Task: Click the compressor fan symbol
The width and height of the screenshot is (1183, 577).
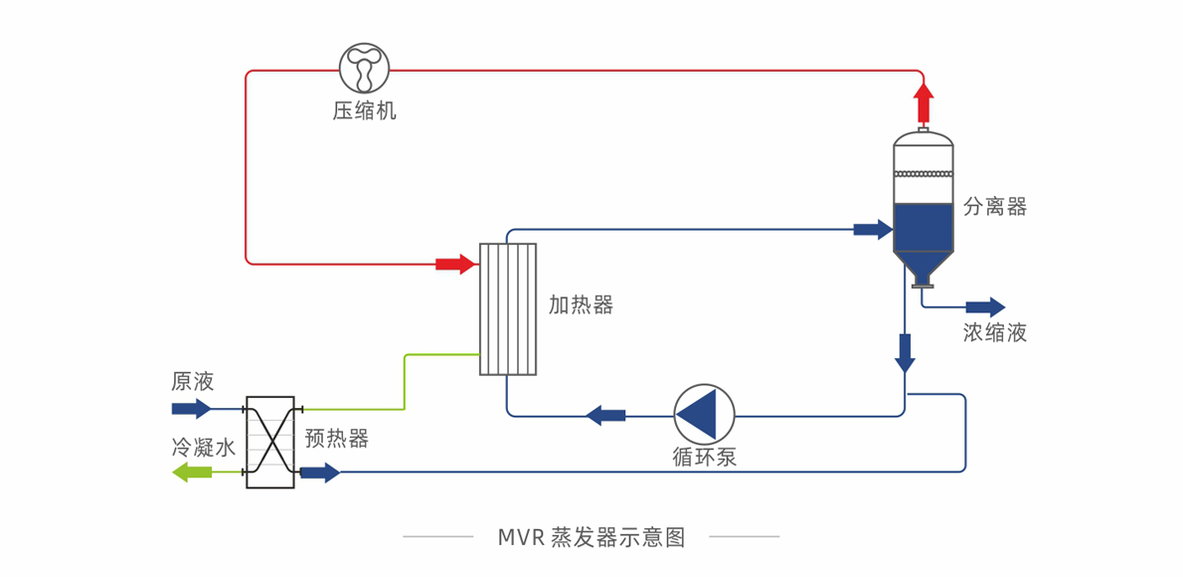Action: tap(364, 69)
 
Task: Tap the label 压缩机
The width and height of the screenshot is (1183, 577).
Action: tap(364, 111)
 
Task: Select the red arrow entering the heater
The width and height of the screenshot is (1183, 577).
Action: tap(455, 264)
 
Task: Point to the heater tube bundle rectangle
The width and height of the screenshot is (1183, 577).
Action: tap(507, 309)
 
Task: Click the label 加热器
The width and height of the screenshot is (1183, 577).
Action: tap(581, 305)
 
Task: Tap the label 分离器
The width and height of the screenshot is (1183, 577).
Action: tap(994, 207)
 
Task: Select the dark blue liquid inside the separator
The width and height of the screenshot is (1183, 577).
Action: tap(924, 228)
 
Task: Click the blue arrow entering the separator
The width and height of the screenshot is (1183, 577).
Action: tap(873, 230)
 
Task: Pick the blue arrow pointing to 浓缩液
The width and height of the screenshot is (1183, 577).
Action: tap(985, 306)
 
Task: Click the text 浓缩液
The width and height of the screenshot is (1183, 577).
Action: tap(994, 333)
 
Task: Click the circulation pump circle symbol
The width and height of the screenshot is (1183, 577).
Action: tap(704, 414)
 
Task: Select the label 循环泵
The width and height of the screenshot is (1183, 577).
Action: tap(704, 458)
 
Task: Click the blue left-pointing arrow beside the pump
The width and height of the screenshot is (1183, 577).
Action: tap(605, 414)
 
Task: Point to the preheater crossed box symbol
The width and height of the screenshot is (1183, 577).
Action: tap(270, 442)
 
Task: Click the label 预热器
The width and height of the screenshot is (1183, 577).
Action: tap(336, 439)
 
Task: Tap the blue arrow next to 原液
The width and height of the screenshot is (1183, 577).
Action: tap(191, 408)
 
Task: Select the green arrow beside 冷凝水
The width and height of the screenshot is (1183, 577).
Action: tap(192, 473)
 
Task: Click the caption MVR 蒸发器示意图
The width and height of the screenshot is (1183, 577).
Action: tap(591, 537)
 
